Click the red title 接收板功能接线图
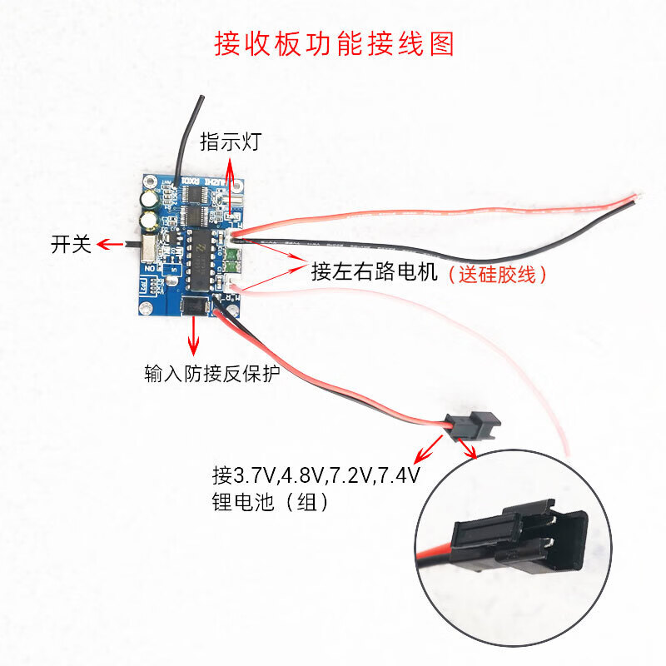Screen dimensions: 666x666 (x=335, y=43)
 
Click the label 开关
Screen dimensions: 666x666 (x=69, y=244)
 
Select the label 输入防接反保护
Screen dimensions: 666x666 (x=211, y=372)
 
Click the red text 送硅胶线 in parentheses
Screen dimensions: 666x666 (x=497, y=273)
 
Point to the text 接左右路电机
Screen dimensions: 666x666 (x=374, y=272)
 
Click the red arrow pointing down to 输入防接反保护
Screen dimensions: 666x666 (x=196, y=339)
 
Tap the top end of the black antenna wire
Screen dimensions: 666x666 (x=201, y=98)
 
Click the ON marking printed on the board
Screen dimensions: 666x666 (x=150, y=269)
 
